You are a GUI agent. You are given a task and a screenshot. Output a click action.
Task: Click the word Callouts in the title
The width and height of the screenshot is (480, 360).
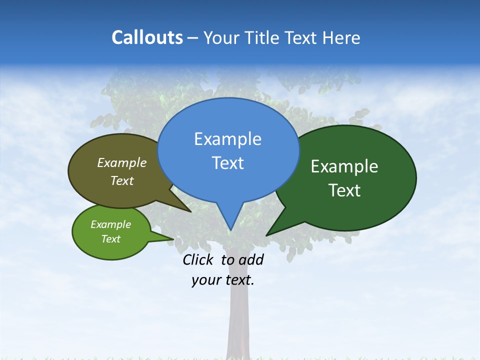click(x=147, y=37)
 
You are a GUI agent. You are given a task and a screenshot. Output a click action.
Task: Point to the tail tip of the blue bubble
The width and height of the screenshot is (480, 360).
click(x=230, y=229)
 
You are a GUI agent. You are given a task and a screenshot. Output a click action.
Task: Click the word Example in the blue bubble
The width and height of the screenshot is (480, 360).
click(x=228, y=139)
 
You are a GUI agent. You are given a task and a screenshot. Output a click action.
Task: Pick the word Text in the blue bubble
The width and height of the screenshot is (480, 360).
click(x=228, y=163)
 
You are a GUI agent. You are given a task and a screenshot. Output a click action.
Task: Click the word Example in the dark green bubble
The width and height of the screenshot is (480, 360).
click(x=344, y=166)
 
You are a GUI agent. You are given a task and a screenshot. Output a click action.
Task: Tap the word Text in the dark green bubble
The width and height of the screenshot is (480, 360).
click(x=344, y=190)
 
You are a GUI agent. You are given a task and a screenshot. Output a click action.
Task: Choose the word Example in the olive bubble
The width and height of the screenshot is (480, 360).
click(x=122, y=162)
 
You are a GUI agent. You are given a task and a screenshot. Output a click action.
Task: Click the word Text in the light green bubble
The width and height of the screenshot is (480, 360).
click(x=111, y=239)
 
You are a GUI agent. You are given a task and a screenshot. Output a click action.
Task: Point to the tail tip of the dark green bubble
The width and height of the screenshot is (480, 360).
click(x=267, y=235)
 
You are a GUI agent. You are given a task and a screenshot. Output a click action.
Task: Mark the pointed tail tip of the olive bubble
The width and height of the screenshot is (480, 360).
click(x=191, y=211)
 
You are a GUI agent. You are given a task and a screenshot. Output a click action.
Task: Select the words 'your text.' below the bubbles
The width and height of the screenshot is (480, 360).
click(x=223, y=280)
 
